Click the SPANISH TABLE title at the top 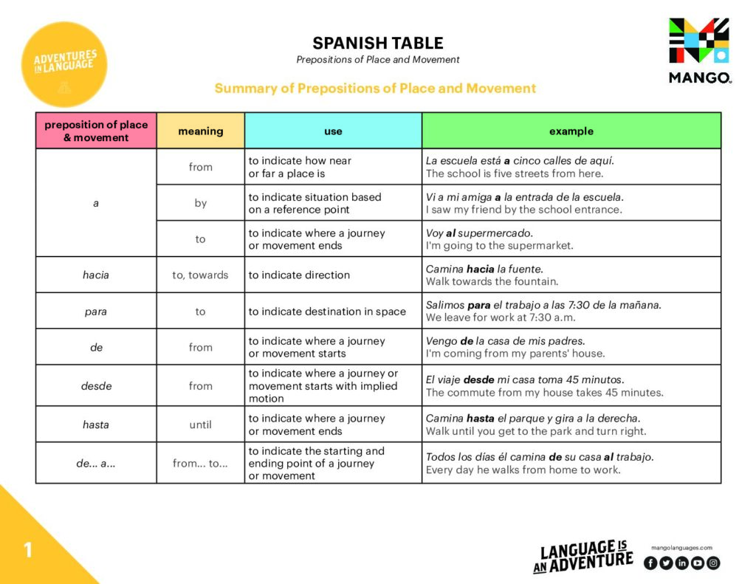pyautogui.click(x=377, y=43)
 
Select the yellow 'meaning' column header pyautogui.click(x=200, y=131)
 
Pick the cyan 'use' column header pyautogui.click(x=333, y=131)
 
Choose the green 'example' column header pyautogui.click(x=571, y=131)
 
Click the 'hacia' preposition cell pyautogui.click(x=96, y=275)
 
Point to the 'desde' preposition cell pyautogui.click(x=96, y=385)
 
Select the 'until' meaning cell pyautogui.click(x=200, y=425)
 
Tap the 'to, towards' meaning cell pyautogui.click(x=200, y=275)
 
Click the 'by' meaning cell pyautogui.click(x=200, y=202)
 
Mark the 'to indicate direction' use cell pyautogui.click(x=299, y=275)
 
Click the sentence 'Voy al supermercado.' pyautogui.click(x=479, y=233)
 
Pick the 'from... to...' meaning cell pyautogui.click(x=200, y=463)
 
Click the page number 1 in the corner pyautogui.click(x=28, y=550)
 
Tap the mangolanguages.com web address pyautogui.click(x=681, y=548)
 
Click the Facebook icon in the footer pyautogui.click(x=650, y=563)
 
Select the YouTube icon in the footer pyautogui.click(x=697, y=563)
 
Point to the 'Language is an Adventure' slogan pyautogui.click(x=583, y=556)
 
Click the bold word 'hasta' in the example pyautogui.click(x=480, y=418)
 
